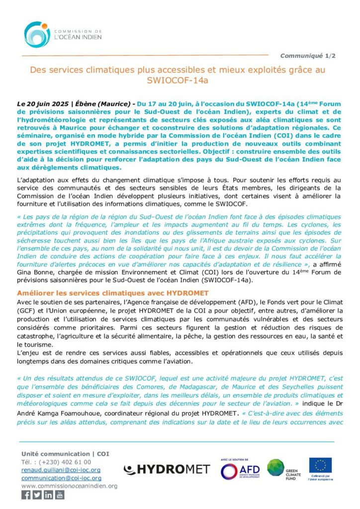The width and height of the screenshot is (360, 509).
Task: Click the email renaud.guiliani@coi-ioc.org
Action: click(x=61, y=470)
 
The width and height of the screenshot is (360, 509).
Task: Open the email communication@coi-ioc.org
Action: click(x=61, y=478)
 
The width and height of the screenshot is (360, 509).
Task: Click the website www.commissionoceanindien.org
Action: click(x=70, y=486)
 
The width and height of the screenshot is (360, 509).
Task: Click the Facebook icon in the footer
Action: click(x=26, y=495)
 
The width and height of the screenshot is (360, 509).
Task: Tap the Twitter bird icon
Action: click(x=37, y=495)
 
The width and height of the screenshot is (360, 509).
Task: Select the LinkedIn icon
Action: click(x=48, y=495)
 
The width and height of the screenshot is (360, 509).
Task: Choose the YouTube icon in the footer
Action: click(x=60, y=495)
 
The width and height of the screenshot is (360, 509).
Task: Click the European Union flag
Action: click(x=320, y=466)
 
